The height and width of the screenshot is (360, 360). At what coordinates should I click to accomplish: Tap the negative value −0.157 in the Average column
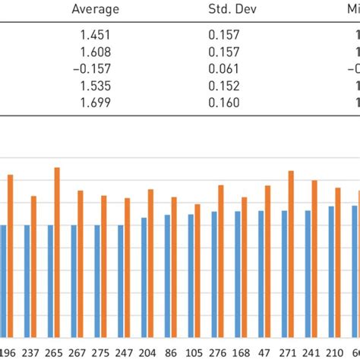coord(95,69)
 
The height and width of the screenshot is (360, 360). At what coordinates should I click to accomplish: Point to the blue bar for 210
coord(331,270)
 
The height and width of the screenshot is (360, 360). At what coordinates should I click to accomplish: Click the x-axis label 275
coord(101,352)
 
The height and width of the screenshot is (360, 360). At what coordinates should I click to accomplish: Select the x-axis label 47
coord(264,352)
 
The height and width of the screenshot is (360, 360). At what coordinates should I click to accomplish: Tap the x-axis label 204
coord(148,352)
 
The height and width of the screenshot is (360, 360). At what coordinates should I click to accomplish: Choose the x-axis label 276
coord(217,352)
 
